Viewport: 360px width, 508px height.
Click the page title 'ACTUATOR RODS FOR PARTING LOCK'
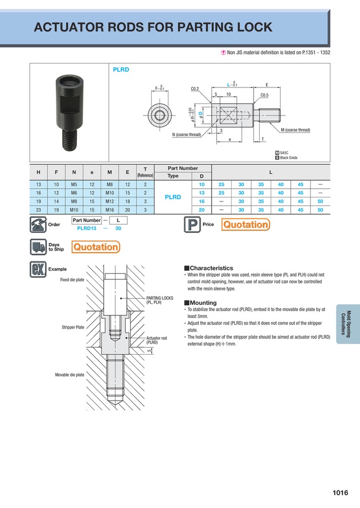point(153,27)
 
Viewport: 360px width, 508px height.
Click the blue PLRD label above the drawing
point(121,70)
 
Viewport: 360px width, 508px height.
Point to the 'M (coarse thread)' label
point(295,130)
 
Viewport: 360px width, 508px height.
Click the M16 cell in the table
point(110,210)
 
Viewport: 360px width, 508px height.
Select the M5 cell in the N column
point(74,184)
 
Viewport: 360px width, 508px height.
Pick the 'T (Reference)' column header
point(145,172)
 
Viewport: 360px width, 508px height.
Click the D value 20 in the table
point(202,210)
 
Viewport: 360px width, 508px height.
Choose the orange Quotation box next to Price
point(245,224)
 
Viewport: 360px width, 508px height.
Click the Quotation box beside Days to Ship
point(96,247)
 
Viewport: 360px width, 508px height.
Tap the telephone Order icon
point(37,225)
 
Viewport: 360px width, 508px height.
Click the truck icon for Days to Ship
point(37,247)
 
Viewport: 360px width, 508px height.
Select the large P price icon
point(192,225)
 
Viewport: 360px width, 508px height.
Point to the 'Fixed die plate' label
point(72,280)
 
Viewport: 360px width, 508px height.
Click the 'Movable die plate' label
point(69,375)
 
